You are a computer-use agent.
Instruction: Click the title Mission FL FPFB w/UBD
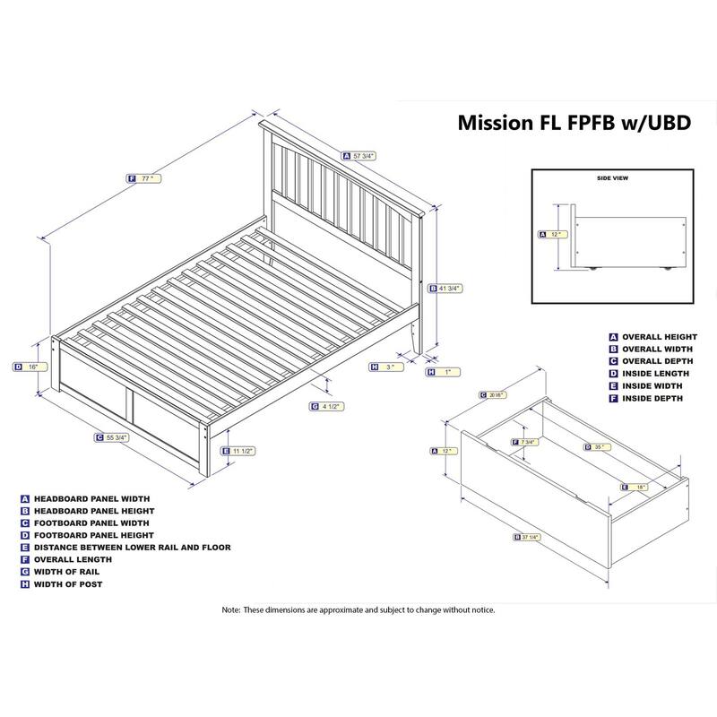574,122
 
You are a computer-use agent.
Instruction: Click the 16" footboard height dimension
30,366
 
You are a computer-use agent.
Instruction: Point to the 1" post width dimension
443,371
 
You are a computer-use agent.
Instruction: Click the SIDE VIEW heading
612,179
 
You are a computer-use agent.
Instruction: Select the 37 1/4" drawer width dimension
530,538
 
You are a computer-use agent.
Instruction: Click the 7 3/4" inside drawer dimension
527,443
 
